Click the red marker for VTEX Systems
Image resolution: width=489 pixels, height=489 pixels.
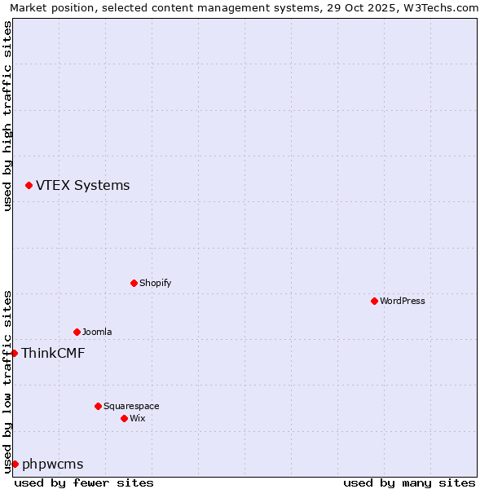click(29, 186)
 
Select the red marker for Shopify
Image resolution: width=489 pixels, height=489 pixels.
click(134, 284)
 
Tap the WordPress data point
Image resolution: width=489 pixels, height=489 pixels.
click(374, 302)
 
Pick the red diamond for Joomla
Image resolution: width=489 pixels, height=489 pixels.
click(77, 332)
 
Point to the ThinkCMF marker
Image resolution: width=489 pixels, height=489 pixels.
click(14, 353)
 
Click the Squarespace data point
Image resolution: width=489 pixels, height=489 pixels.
click(98, 406)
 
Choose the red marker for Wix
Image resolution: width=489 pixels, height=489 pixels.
click(124, 418)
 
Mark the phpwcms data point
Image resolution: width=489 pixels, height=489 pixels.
click(15, 464)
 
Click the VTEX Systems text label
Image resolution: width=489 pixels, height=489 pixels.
click(82, 186)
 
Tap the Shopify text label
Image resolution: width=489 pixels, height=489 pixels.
click(155, 284)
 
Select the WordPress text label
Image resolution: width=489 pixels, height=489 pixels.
click(402, 302)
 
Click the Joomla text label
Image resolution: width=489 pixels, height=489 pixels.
click(97, 332)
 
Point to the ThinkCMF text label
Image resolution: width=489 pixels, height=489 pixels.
click(53, 353)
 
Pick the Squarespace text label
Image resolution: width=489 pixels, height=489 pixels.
click(131, 406)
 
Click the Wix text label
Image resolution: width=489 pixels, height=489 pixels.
click(137, 418)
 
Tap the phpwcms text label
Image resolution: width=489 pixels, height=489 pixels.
click(53, 465)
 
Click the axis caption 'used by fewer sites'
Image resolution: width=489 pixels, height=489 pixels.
click(84, 482)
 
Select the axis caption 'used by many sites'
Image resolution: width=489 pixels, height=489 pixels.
click(409, 482)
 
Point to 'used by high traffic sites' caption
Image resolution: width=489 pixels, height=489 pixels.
click(8, 116)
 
